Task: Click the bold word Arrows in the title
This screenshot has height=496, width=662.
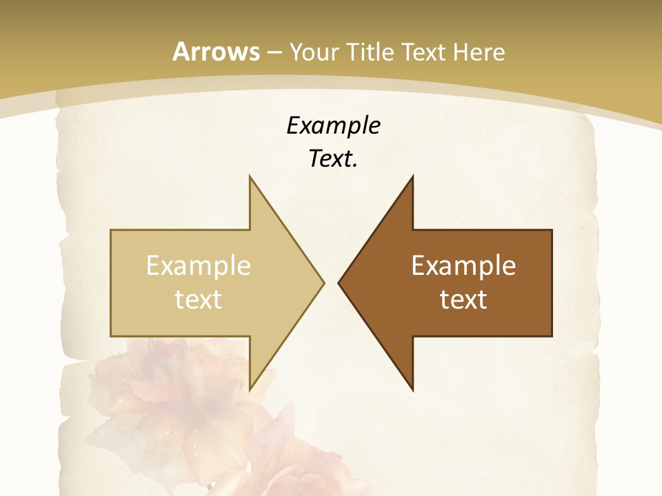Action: (217, 52)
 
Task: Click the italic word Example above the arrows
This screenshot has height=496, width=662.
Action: (334, 125)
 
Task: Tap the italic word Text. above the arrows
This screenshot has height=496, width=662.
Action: (334, 159)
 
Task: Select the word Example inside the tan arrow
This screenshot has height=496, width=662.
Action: (198, 265)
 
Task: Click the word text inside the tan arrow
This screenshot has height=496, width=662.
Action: (198, 299)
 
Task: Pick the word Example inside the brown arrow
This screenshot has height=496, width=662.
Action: (463, 265)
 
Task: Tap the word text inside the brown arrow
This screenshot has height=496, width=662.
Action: (463, 299)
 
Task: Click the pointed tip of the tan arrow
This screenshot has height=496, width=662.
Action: (323, 282)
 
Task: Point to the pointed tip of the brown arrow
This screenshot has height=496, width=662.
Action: (339, 282)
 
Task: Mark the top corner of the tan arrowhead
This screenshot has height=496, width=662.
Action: (250, 176)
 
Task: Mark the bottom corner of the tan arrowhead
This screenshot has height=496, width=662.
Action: (250, 390)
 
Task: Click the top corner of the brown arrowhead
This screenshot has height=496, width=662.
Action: (412, 176)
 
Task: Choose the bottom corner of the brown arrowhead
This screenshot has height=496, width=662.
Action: (412, 390)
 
